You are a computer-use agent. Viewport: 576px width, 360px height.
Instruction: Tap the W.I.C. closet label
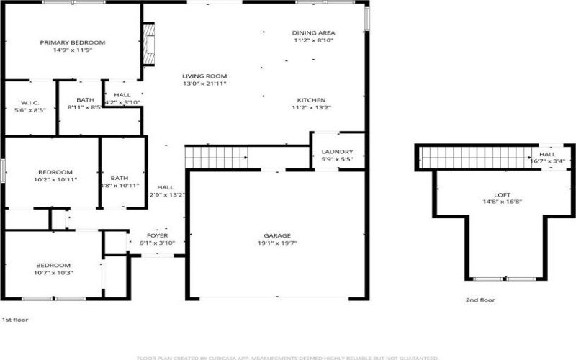pyautogui.click(x=30, y=102)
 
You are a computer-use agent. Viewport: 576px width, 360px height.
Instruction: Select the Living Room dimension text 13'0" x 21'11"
pyautogui.click(x=204, y=84)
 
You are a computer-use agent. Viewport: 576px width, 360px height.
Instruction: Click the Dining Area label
pyautogui.click(x=314, y=33)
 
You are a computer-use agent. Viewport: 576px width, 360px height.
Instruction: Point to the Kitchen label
pyautogui.click(x=313, y=100)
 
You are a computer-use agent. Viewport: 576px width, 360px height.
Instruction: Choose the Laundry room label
pyautogui.click(x=337, y=152)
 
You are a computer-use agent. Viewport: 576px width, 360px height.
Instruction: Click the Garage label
pyautogui.click(x=277, y=235)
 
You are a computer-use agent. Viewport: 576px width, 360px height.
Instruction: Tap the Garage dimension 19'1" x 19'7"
pyautogui.click(x=277, y=243)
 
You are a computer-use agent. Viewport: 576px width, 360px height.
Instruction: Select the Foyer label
pyautogui.click(x=157, y=235)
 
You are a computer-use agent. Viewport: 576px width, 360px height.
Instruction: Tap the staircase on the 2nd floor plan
pyautogui.click(x=475, y=155)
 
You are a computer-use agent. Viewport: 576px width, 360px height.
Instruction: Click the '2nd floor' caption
pyautogui.click(x=480, y=300)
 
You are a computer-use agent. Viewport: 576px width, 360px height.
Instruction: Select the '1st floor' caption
pyautogui.click(x=14, y=319)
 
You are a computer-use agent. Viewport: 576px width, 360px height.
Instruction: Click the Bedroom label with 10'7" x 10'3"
pyautogui.click(x=54, y=265)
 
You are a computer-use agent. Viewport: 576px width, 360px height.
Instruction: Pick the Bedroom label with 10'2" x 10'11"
pyautogui.click(x=55, y=171)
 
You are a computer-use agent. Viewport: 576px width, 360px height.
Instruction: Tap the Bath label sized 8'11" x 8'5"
pyautogui.click(x=86, y=100)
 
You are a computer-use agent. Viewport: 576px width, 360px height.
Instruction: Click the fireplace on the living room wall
pyautogui.click(x=149, y=44)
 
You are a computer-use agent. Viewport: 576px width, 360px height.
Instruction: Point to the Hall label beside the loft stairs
pyautogui.click(x=548, y=154)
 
